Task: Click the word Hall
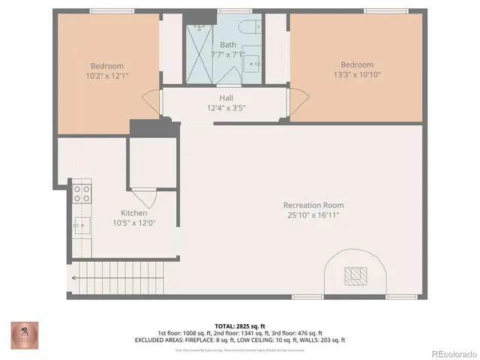[226, 98]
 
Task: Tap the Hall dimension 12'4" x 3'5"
[226, 108]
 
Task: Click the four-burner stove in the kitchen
[80, 194]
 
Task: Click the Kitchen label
[133, 213]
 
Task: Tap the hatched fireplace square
[355, 277]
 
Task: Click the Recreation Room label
[313, 205]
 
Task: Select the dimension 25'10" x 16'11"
[313, 215]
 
